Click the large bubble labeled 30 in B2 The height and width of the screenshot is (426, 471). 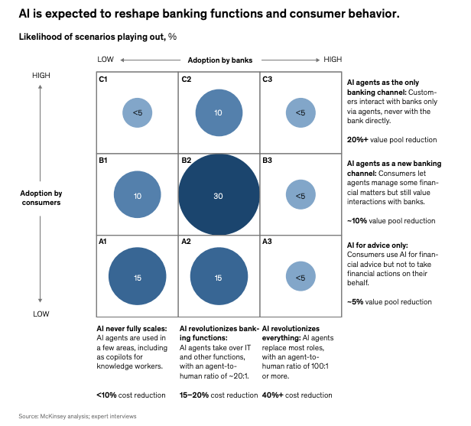click(219, 196)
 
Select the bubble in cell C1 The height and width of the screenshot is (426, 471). click(137, 112)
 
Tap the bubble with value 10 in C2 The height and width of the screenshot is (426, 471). click(219, 112)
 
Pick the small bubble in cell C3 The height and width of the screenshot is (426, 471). click(300, 112)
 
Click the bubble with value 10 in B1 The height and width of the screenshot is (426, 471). click(137, 196)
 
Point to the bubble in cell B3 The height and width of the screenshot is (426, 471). click(300, 196)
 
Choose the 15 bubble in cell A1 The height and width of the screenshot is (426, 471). click(137, 277)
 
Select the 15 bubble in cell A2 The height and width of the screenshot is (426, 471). click(219, 277)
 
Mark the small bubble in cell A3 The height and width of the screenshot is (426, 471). click(300, 277)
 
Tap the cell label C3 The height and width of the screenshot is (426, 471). click(267, 79)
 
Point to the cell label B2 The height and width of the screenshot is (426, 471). click(186, 161)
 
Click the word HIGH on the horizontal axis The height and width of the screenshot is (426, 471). click(333, 60)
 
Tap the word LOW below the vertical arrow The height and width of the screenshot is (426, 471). click(41, 314)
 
